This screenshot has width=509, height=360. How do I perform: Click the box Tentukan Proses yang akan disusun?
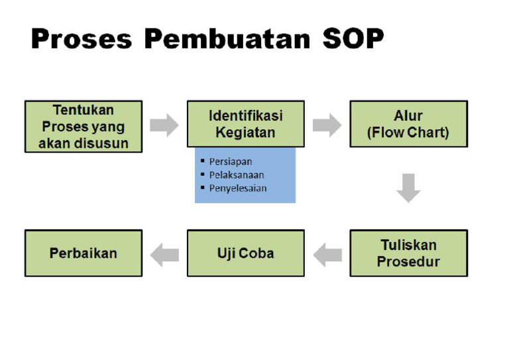pyautogui.click(x=84, y=127)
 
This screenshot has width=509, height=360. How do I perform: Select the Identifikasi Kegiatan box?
pyautogui.click(x=245, y=124)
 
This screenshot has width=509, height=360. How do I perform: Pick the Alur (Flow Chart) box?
pyautogui.click(x=408, y=124)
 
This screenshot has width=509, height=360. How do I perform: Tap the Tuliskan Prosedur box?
pyautogui.click(x=408, y=253)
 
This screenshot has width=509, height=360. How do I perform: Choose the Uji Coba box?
pyautogui.click(x=245, y=253)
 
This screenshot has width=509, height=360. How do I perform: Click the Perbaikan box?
pyautogui.click(x=84, y=253)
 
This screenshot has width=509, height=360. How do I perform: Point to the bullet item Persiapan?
pyautogui.click(x=230, y=162)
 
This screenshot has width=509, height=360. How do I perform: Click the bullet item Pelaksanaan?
pyautogui.click(x=236, y=175)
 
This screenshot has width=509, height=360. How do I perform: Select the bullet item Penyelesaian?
pyautogui.click(x=237, y=188)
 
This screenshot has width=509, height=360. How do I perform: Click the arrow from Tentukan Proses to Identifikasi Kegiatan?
pyautogui.click(x=164, y=125)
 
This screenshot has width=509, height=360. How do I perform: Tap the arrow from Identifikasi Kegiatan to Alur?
pyautogui.click(x=327, y=125)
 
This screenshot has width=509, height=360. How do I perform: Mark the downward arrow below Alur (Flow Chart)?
pyautogui.click(x=408, y=188)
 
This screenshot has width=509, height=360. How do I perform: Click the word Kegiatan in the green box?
pyautogui.click(x=245, y=133)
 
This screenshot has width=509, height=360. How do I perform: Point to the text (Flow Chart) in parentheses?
pyautogui.click(x=408, y=133)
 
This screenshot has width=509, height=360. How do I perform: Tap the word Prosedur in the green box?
pyautogui.click(x=408, y=262)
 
